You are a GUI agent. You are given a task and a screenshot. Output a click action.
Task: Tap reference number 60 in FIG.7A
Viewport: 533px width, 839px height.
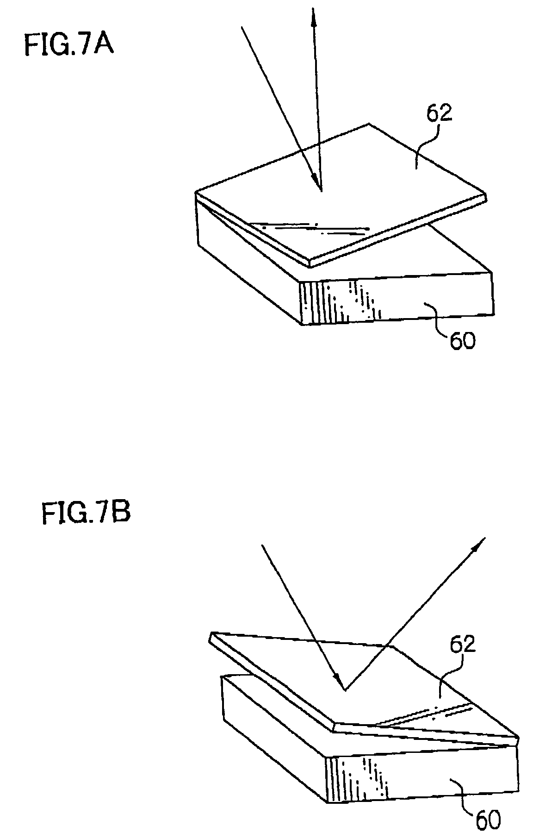(461, 342)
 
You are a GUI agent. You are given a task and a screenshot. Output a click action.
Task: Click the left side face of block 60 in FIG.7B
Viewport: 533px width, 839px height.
(273, 750)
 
